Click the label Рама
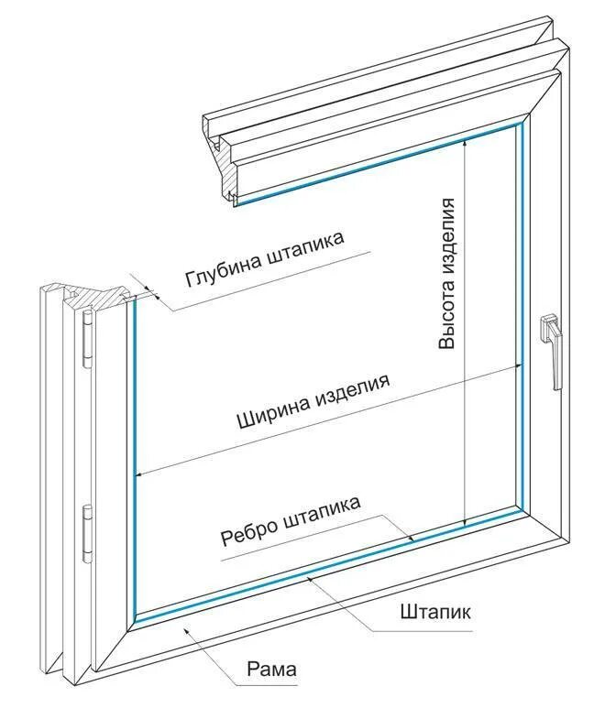click(273, 671)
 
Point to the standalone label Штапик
click(435, 612)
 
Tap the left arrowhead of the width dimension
click(138, 475)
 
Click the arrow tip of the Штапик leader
click(309, 579)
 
